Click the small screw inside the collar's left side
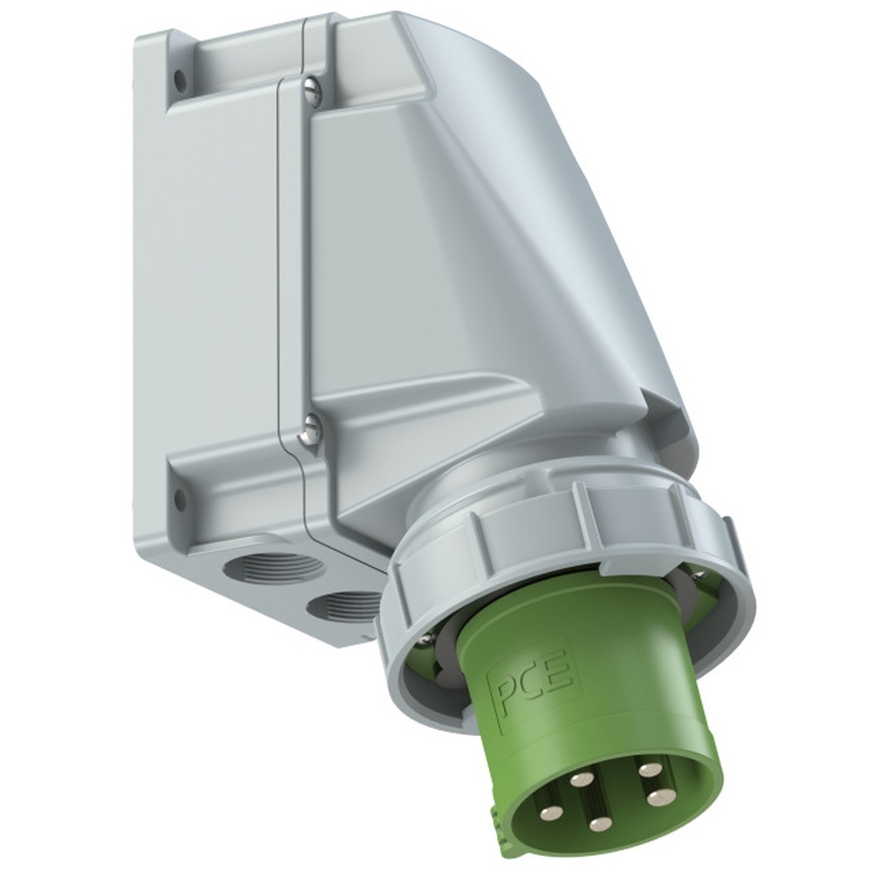click(425, 638)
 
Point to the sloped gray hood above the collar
click(523, 262)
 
